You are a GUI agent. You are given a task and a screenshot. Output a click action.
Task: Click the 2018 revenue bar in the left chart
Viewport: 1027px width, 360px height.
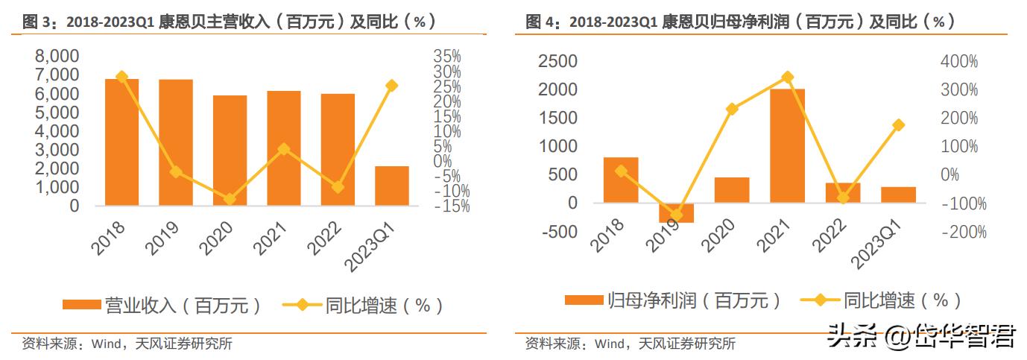pyautogui.click(x=121, y=142)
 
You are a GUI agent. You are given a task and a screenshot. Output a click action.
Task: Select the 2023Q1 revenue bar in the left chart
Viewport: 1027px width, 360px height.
pyautogui.click(x=391, y=186)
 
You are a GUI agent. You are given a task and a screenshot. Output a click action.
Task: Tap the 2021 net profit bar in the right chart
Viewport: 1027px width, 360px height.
pyautogui.click(x=787, y=145)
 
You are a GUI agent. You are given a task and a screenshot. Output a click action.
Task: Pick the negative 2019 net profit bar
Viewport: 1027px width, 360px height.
pyautogui.click(x=676, y=212)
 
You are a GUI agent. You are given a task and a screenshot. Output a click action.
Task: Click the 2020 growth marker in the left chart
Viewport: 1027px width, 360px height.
pyautogui.click(x=230, y=199)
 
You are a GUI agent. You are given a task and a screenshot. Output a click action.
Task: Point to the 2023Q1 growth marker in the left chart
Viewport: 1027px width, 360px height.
pyautogui.click(x=392, y=86)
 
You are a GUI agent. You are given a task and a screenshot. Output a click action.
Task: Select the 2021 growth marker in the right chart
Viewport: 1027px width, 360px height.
pyautogui.click(x=787, y=77)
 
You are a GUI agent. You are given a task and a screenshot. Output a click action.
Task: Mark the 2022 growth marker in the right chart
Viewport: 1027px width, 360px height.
pyautogui.click(x=843, y=198)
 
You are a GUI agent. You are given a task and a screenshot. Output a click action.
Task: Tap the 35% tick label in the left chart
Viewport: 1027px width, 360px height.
pyautogui.click(x=446, y=57)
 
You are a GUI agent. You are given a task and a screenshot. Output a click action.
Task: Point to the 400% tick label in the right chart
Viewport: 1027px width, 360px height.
pyautogui.click(x=958, y=61)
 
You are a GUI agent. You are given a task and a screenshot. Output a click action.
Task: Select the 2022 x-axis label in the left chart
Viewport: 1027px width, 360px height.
pyautogui.click(x=332, y=239)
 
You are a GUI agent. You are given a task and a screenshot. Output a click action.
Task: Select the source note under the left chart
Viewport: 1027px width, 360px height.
pyautogui.click(x=127, y=344)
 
